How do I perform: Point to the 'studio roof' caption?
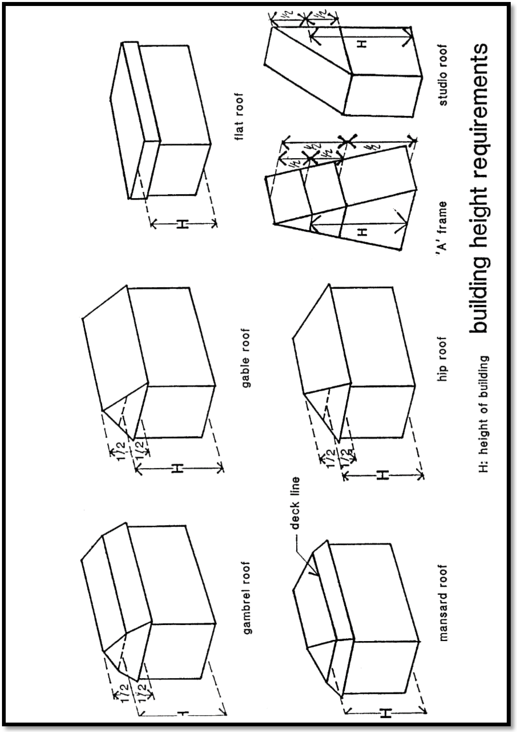tap(443, 75)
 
